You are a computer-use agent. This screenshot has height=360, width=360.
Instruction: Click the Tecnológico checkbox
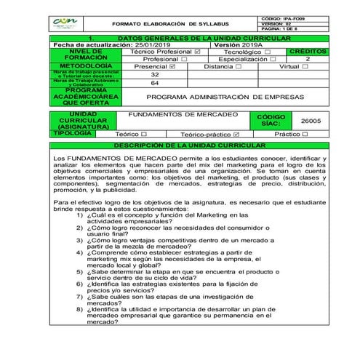(268, 52)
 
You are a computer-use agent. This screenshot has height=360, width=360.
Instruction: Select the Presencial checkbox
(172, 66)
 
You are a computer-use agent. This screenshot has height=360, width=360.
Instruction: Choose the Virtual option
(305, 66)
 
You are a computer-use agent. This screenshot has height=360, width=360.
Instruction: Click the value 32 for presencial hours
(154, 74)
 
